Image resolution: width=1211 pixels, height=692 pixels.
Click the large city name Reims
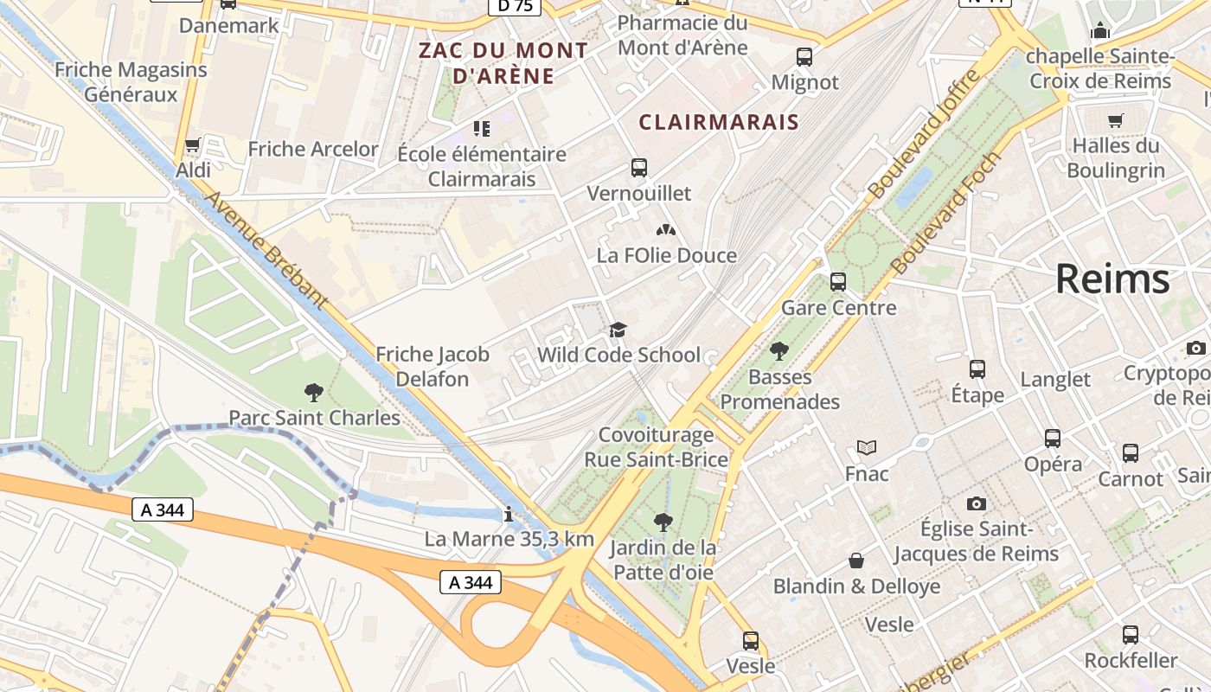[1112, 280]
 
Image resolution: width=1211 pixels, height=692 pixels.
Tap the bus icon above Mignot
[804, 57]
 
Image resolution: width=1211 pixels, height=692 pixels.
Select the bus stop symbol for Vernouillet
[639, 168]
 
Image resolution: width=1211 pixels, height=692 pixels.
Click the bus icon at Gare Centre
[838, 282]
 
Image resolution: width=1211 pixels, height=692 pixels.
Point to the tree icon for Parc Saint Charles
[314, 393]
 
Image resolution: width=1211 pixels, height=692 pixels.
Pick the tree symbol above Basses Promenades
[779, 351]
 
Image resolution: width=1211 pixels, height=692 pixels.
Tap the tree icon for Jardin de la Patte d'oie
[663, 522]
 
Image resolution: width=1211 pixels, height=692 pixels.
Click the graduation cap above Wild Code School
[618, 330]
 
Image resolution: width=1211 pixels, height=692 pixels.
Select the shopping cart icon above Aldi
[193, 144]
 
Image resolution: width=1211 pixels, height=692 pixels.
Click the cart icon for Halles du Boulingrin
[1116, 120]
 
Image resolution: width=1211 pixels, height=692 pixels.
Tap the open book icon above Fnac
[867, 447]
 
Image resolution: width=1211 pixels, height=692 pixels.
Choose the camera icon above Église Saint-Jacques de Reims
[977, 503]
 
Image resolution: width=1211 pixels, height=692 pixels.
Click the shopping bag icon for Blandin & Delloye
[856, 561]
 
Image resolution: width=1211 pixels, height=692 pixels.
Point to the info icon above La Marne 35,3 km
[509, 514]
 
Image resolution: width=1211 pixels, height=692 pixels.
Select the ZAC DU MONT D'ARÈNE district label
[503, 62]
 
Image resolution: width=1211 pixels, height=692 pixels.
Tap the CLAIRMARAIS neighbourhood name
[719, 122]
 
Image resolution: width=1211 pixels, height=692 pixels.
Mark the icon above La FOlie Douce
[665, 230]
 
